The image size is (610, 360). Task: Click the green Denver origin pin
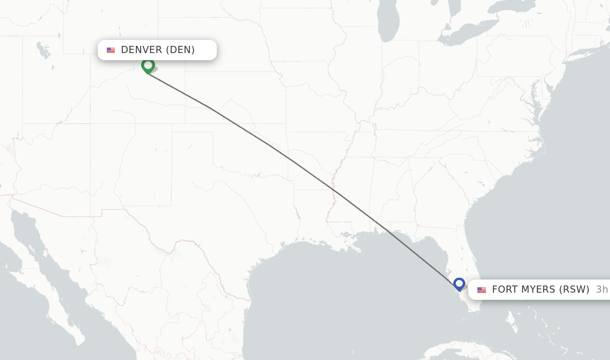point(148,65)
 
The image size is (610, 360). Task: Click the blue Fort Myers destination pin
point(459,284)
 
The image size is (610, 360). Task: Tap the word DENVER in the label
point(141,50)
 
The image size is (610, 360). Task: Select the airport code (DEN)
point(180,50)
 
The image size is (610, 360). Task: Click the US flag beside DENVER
point(111,50)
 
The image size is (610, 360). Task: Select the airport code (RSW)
point(575,290)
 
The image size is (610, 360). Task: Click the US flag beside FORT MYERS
point(482,290)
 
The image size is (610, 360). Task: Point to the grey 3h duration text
point(602,290)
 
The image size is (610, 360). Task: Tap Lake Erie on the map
point(462,39)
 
